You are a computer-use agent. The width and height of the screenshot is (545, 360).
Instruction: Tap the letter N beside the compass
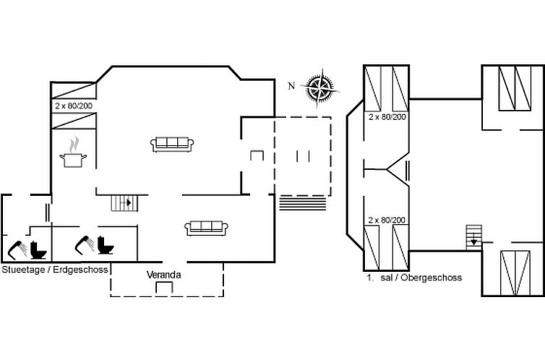(291, 86)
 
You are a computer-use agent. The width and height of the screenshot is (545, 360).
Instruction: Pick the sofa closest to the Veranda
(207, 228)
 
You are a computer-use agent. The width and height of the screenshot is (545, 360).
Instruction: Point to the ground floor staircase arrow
(129, 202)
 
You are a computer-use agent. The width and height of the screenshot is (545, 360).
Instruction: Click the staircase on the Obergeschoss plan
(473, 236)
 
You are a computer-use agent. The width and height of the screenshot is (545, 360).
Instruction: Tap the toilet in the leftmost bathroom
(40, 248)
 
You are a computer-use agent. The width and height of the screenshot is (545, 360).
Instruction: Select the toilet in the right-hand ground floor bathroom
(107, 246)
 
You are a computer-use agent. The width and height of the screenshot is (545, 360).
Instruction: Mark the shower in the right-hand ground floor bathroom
(85, 246)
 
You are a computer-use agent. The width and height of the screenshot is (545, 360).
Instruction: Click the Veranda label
(163, 275)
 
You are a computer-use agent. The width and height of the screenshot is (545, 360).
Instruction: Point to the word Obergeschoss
(431, 277)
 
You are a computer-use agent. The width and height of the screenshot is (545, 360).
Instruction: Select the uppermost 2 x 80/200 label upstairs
(387, 116)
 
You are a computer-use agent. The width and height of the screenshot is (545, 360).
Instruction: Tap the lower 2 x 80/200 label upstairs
(387, 219)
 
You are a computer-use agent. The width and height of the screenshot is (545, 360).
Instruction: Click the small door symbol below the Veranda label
(164, 288)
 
